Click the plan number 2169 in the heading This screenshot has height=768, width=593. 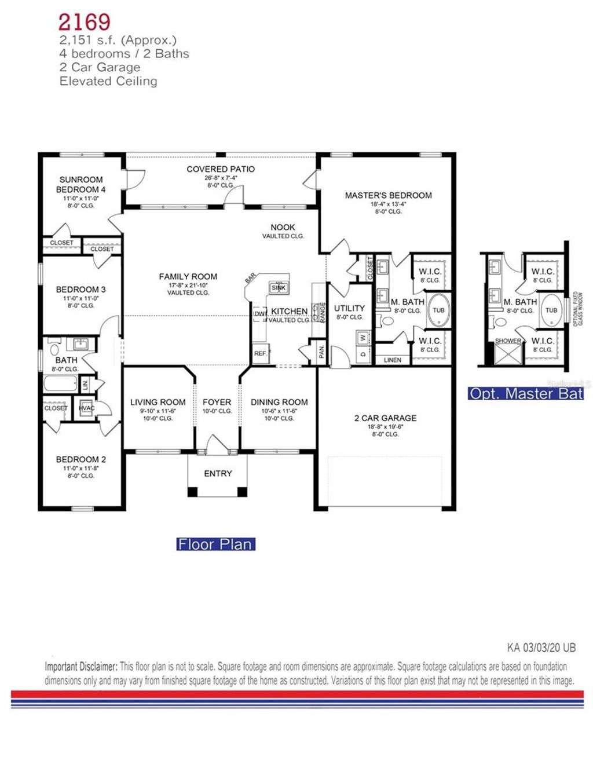click(84, 21)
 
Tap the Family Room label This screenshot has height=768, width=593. click(188, 277)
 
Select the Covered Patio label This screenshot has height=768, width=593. click(221, 169)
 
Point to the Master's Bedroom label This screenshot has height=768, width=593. click(388, 196)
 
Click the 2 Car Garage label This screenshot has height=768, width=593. click(385, 418)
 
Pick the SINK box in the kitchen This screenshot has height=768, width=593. click(279, 288)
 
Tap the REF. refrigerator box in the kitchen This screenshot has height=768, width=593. click(260, 353)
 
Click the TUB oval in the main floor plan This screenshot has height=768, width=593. click(438, 310)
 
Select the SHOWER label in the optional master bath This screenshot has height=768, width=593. click(508, 341)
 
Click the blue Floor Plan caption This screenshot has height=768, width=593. click(215, 544)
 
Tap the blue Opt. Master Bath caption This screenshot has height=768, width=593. click(525, 394)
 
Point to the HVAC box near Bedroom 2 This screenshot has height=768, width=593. click(86, 408)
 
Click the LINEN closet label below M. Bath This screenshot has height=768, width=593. click(392, 360)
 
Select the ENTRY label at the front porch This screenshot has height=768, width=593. click(218, 474)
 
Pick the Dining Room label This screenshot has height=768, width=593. click(279, 402)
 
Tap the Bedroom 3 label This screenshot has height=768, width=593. click(80, 290)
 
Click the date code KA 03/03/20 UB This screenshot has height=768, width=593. click(541, 648)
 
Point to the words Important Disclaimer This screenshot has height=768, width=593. click(81, 667)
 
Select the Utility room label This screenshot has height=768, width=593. click(349, 308)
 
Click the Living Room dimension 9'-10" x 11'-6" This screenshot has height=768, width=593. click(158, 411)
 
